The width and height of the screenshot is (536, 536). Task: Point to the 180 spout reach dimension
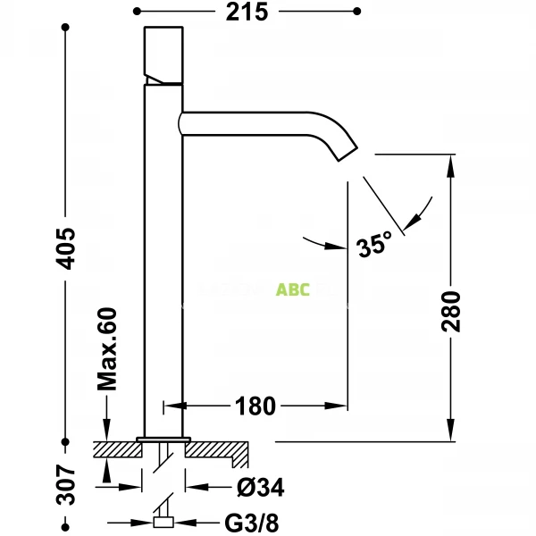(x=255, y=406)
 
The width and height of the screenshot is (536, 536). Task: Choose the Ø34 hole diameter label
(x=261, y=488)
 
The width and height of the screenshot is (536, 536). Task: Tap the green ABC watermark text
(x=293, y=289)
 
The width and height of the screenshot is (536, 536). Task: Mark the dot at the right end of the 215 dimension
(x=357, y=11)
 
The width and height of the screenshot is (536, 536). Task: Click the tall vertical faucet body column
(x=163, y=268)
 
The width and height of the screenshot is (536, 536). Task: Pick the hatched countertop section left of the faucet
(x=116, y=448)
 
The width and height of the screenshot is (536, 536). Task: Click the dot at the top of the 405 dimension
(x=66, y=26)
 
